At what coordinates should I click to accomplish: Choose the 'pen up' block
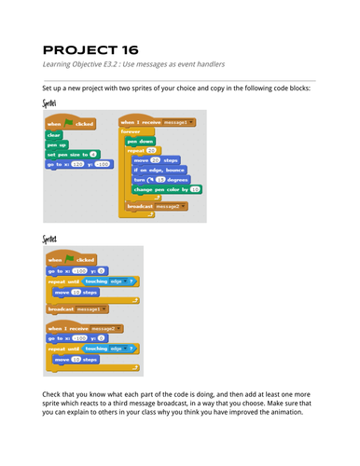coord(57,144)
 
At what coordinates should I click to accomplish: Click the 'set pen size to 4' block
coord(71,154)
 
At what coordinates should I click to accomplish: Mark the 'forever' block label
coord(132,132)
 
